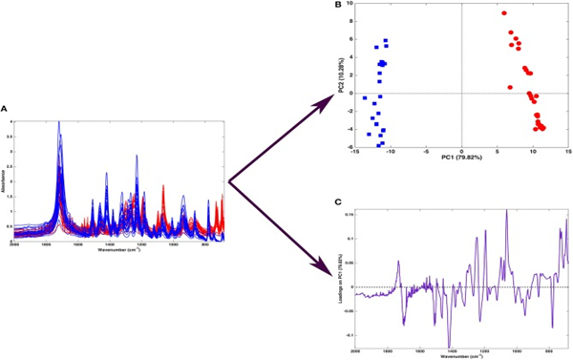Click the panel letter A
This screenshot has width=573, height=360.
[4, 108]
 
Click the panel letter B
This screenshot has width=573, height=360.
[336, 4]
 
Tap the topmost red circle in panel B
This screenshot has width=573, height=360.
[504, 13]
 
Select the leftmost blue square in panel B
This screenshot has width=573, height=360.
[365, 97]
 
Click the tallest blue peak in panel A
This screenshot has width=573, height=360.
[59, 123]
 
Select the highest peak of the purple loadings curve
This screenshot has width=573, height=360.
[506, 209]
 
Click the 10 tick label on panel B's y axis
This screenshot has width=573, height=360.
[350, 3]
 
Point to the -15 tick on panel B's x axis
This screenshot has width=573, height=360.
[355, 151]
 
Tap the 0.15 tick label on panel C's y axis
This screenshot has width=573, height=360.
[349, 214]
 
